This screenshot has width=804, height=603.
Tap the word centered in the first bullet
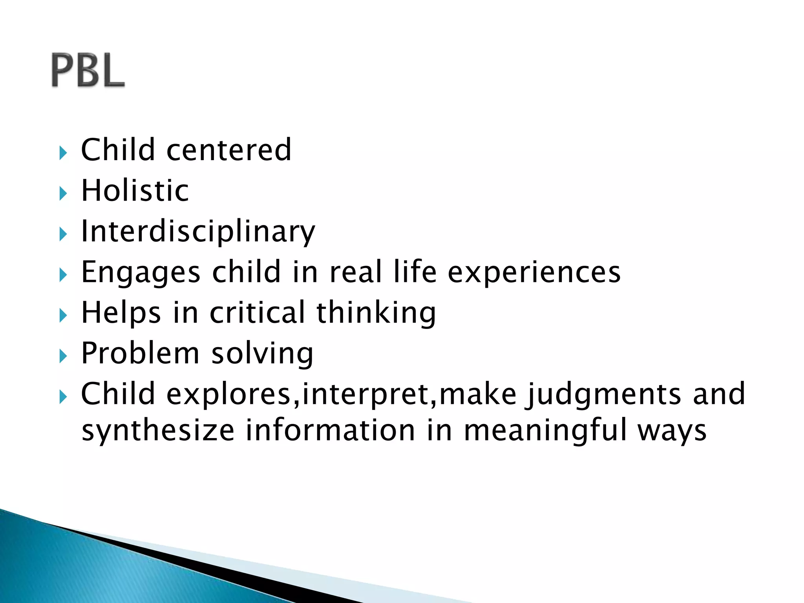[x=229, y=150]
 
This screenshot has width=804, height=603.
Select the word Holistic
[x=135, y=191]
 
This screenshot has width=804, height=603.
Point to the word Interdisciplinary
[x=198, y=232]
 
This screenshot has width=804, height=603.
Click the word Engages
[x=141, y=272]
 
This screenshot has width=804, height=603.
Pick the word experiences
[x=534, y=272]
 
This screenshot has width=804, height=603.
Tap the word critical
[x=257, y=313]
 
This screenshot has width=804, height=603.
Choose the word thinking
[x=376, y=313]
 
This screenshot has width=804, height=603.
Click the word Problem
[x=140, y=353]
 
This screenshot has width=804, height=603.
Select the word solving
[x=262, y=353]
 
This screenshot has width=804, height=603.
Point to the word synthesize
[x=158, y=431]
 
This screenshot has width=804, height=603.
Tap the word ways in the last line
[x=672, y=431]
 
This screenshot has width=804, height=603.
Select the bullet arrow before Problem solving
[x=63, y=356]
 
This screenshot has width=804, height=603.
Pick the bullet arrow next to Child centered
[x=63, y=153]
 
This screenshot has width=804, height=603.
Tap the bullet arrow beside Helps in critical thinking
[x=63, y=315]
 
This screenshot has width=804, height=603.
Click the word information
[x=331, y=431]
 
